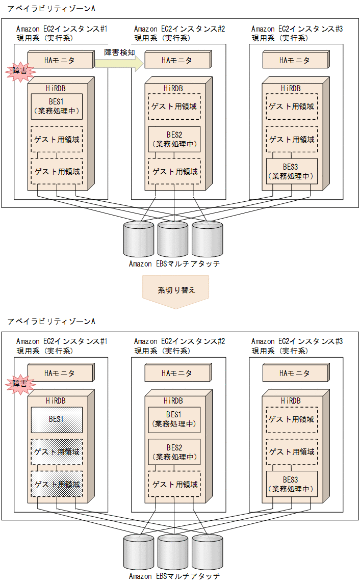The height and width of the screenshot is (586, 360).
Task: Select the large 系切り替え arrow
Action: click(176, 291)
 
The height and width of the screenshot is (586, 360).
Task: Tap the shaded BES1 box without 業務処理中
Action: click(57, 419)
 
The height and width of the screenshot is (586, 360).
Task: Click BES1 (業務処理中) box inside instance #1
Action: click(57, 106)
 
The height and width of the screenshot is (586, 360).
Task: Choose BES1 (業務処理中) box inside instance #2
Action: click(174, 419)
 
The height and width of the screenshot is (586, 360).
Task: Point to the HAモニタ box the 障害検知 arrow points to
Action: click(177, 60)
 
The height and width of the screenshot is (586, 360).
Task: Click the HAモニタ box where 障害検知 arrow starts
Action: click(60, 60)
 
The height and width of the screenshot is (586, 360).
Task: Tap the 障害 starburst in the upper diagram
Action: click(18, 71)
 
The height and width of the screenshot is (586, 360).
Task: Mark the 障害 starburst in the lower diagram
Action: click(19, 384)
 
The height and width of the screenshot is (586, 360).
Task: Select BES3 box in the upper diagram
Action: click(292, 171)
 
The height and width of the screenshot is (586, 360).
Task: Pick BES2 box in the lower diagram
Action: click(174, 451)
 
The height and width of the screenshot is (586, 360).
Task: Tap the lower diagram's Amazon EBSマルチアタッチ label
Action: click(174, 576)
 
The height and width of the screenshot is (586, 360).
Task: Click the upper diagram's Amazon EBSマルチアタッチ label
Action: click(174, 264)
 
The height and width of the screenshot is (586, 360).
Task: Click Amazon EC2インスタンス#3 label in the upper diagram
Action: click(297, 29)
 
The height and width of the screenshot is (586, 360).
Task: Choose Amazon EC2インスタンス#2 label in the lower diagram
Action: click(179, 341)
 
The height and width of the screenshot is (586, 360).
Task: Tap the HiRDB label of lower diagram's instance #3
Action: click(291, 401)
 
